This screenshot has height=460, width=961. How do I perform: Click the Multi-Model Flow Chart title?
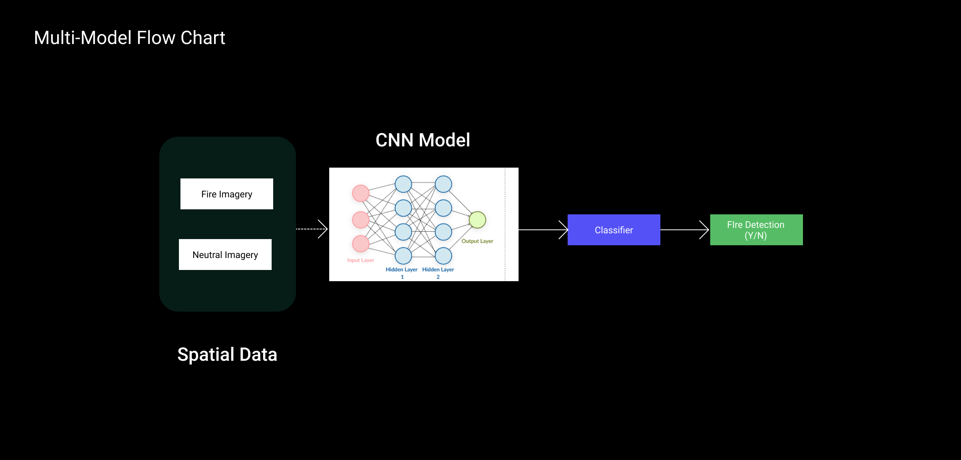pos(129,38)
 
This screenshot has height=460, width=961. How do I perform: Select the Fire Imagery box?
pos(227,194)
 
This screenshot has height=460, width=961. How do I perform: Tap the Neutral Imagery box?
pos(225,255)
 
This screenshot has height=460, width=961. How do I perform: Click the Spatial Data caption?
pos(227,355)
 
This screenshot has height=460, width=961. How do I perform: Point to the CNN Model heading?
pos(423,140)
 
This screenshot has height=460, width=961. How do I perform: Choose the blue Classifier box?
pos(614,230)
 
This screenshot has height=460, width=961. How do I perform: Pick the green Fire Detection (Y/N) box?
pos(756,230)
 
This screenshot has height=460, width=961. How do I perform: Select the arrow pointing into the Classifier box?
pos(543,230)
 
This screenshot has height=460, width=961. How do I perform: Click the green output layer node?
pos(477,220)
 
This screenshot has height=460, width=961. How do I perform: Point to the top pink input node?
pos(361,193)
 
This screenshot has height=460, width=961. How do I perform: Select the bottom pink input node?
pos(361,244)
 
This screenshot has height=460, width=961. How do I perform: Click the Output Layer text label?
pos(477,241)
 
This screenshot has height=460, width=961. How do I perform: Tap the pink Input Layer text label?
pos(361,260)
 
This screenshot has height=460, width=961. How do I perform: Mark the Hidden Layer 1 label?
pos(401,273)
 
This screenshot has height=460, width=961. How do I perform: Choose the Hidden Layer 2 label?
pos(438,273)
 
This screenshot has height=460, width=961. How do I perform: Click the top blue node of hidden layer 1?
pos(403,184)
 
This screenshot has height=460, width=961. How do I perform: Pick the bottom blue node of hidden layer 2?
pos(443,256)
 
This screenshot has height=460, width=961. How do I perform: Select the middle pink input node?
pos(361,220)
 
